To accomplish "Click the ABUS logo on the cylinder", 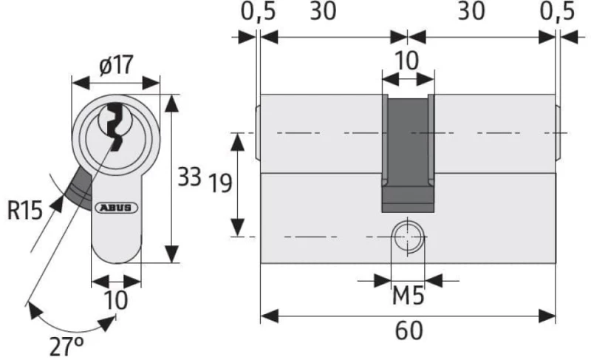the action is pos(117,207).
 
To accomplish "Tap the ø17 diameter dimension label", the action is pos(117,65).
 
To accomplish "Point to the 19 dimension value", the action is pos(219,183).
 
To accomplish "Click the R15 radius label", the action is pos(25,210).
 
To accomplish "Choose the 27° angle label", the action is pos(66,347).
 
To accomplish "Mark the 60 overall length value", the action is pos(409,330).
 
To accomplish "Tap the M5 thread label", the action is pos(409,295).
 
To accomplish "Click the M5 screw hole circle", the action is pos(409,237).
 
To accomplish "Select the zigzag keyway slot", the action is pos(115,126).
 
